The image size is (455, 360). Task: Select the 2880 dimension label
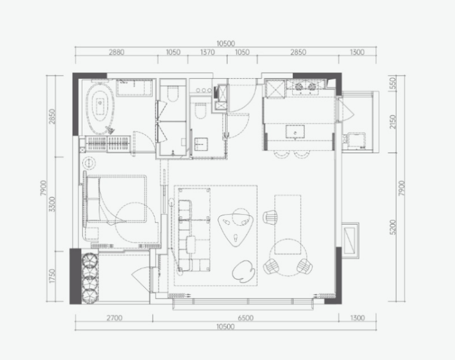pyautogui.click(x=116, y=52)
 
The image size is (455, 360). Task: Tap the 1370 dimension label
pyautogui.click(x=207, y=52)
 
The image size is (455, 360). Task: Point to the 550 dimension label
pyautogui.click(x=392, y=83)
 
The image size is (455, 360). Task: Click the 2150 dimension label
pyautogui.click(x=392, y=122)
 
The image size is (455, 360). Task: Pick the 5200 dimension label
pyautogui.click(x=392, y=227)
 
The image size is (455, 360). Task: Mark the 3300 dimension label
pyautogui.click(x=52, y=204)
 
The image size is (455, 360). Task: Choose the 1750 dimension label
pyautogui.click(x=52, y=276)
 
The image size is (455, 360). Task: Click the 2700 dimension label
pyautogui.click(x=114, y=318)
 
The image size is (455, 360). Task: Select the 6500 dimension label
pyautogui.click(x=245, y=318)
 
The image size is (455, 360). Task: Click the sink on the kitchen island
pyautogui.click(x=295, y=132)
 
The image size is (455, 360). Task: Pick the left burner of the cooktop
pyautogui.click(x=299, y=87)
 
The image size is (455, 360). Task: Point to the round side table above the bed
pyautogui.click(x=89, y=164)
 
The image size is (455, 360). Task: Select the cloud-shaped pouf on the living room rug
pyautogui.click(x=243, y=271)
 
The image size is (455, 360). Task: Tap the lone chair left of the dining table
pyautogui.click(x=270, y=217)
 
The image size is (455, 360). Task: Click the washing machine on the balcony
pyautogui.click(x=356, y=141)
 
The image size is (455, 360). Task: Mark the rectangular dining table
pyautogui.click(x=288, y=225)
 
